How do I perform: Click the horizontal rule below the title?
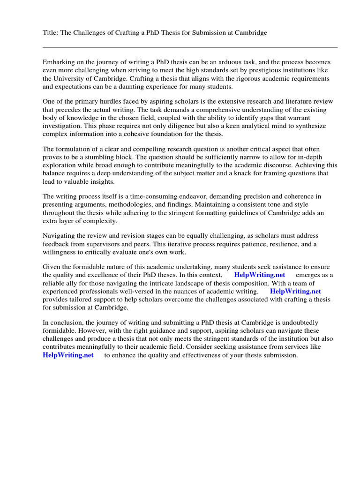tap(190, 47)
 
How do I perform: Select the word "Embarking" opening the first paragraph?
tap(59, 62)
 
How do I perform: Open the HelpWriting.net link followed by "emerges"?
tap(259, 275)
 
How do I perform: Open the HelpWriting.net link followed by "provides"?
tap(296, 291)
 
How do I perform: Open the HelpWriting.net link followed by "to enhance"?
tap(68, 355)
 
